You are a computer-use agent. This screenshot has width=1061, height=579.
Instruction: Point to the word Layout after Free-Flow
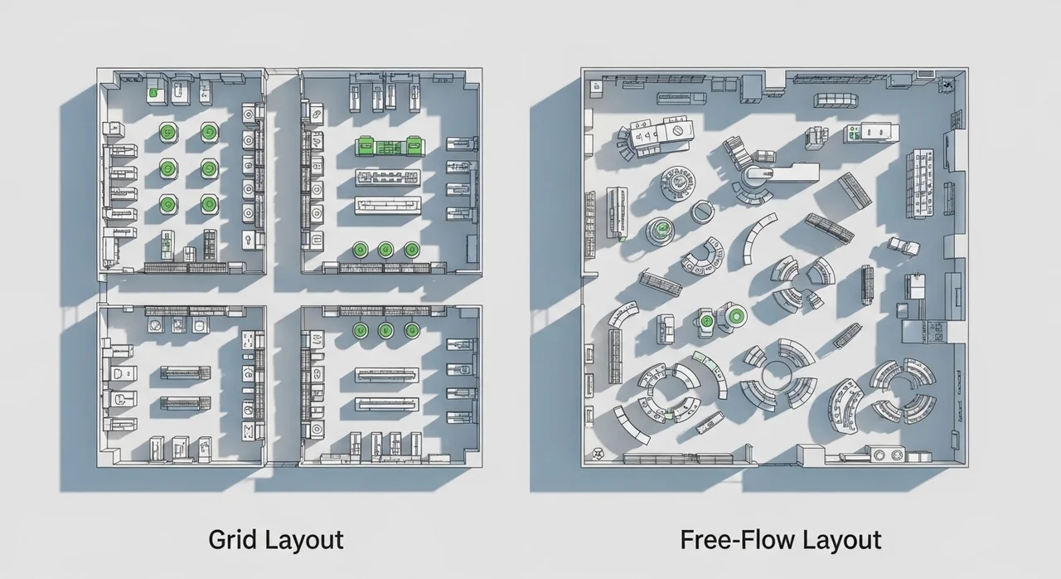[841, 541]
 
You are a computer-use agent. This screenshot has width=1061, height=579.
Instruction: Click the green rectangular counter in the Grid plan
[390, 146]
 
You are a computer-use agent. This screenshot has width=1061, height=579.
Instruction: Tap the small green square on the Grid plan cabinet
[153, 93]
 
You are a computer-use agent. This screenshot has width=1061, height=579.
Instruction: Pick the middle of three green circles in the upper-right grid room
[385, 249]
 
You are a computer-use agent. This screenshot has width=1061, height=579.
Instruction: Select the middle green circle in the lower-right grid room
[385, 330]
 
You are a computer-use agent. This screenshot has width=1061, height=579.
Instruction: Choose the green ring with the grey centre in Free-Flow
[736, 316]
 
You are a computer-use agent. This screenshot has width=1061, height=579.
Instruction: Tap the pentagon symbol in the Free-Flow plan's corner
[596, 455]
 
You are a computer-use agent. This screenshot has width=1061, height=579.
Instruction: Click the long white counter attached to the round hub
[791, 173]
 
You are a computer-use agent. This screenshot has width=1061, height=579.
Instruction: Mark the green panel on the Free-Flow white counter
[855, 132]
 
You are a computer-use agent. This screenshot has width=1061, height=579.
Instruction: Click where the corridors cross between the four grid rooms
[283, 289]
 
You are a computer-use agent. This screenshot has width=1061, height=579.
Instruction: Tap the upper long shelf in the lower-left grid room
[185, 372]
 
